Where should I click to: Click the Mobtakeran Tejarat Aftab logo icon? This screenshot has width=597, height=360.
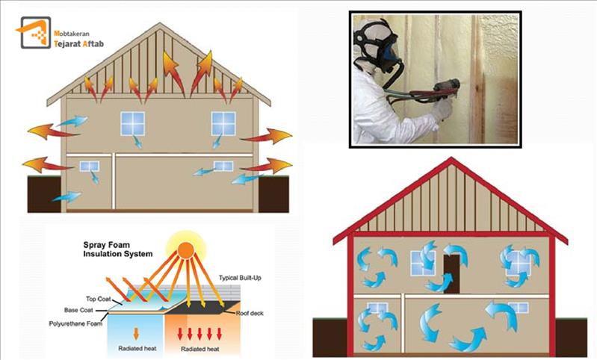click(x=34, y=33)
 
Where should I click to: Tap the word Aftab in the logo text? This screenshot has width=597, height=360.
click(x=93, y=44)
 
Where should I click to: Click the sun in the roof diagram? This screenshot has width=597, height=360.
click(x=186, y=249)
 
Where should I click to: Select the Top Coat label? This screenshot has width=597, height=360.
click(x=98, y=299)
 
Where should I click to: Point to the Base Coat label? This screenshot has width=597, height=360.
click(x=78, y=310)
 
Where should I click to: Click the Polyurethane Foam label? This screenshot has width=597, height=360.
click(x=75, y=324)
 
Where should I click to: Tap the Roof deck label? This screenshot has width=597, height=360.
click(x=250, y=313)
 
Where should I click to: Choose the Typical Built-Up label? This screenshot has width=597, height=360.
click(x=240, y=278)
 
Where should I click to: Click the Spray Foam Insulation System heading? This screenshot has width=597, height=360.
click(x=117, y=249)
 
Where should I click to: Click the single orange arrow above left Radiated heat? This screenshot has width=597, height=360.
click(x=136, y=333)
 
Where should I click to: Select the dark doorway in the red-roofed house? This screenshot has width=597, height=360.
click(x=452, y=273)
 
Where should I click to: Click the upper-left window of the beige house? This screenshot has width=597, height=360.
click(x=132, y=123)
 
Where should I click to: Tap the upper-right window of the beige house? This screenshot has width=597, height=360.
click(x=223, y=123)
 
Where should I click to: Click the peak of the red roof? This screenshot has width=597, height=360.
click(x=451, y=158)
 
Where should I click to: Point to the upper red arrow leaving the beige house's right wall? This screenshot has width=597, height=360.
click(x=266, y=136)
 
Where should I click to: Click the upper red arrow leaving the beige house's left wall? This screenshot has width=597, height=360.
click(x=53, y=131)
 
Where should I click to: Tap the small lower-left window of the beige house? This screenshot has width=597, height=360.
click(x=89, y=167)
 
